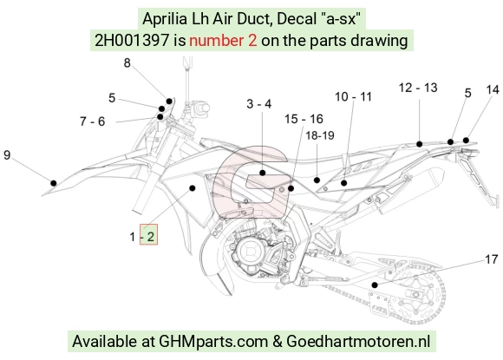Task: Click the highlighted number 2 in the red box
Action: coord(150,237)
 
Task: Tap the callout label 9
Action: coord(7,155)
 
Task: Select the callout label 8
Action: coord(127,62)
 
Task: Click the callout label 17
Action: coord(491,259)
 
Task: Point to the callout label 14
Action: coord(493,90)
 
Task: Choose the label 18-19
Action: coord(320,135)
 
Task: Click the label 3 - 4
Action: coord(259,104)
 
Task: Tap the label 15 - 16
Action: coord(304,119)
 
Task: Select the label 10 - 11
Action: coord(353,96)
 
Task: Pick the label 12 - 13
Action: coord(418,88)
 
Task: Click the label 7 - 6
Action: coord(93,121)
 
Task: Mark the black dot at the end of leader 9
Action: coord(54,183)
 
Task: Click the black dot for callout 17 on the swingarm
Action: coord(375,285)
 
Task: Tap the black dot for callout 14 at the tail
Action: coord(466,141)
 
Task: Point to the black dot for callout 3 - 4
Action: coord(263,173)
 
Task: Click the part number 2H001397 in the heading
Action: coord(132,41)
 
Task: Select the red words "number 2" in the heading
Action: coord(223,41)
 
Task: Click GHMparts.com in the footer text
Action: coord(213,341)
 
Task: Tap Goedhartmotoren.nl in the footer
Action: coord(358,341)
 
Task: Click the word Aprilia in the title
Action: coord(165,18)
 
